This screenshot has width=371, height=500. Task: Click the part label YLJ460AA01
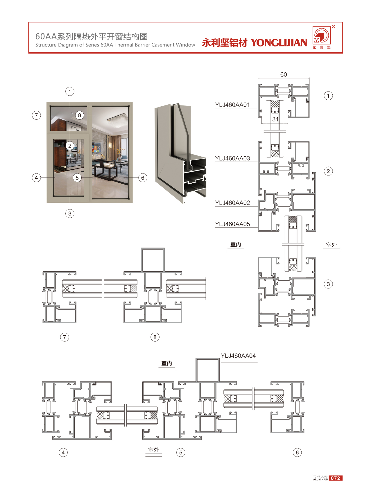tap(232, 105)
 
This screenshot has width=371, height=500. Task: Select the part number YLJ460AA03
tap(232, 158)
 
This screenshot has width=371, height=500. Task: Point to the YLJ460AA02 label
tap(232, 203)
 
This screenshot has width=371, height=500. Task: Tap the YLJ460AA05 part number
tap(232, 224)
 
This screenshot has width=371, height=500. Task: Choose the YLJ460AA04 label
tap(238, 356)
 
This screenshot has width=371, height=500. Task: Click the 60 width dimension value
tap(284, 74)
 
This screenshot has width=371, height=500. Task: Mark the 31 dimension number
tap(275, 119)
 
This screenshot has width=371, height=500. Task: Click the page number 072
tap(336, 478)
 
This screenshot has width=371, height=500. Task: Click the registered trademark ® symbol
tap(334, 26)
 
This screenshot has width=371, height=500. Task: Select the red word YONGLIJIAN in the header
tap(279, 43)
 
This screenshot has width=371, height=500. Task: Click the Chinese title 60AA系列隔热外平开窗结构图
tap(92, 36)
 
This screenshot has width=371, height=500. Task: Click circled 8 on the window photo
tap(80, 115)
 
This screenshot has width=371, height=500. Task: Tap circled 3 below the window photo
tap(70, 214)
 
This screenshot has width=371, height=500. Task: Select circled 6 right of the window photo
tap(143, 178)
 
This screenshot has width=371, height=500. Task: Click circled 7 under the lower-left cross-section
tap(64, 337)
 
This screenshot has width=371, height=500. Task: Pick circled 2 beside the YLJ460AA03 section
tap(328, 171)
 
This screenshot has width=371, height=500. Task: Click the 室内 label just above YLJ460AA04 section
tap(167, 363)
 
